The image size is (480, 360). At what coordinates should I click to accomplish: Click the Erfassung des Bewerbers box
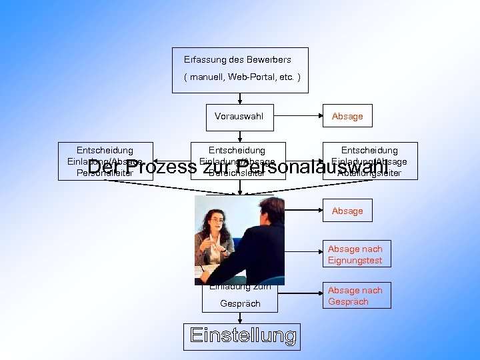(240, 69)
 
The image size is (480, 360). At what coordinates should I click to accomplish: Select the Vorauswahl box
(239, 117)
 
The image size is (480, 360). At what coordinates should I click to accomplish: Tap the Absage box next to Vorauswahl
(347, 117)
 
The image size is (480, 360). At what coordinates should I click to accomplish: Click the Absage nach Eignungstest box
(355, 255)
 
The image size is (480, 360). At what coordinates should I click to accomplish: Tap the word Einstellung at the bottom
(243, 336)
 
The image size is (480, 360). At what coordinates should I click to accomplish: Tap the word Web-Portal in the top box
(251, 77)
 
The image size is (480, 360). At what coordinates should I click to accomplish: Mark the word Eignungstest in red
(355, 261)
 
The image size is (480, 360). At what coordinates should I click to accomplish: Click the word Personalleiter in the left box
(105, 173)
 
